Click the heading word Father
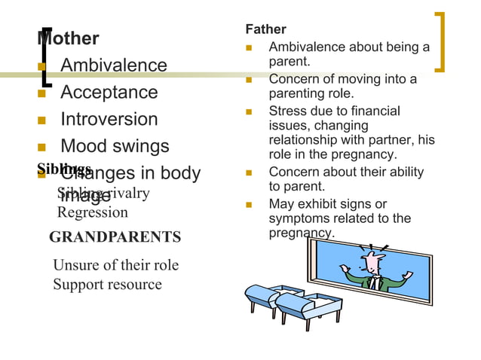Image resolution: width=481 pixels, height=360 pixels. click(266, 29)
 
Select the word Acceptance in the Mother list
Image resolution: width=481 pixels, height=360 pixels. click(109, 93)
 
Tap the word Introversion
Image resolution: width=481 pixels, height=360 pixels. click(109, 120)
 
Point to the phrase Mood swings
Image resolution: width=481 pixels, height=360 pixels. click(115, 146)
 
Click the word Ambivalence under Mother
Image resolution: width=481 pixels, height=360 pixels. click(113, 66)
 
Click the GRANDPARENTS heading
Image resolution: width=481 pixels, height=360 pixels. click(115, 237)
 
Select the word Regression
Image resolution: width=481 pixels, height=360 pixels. click(92, 212)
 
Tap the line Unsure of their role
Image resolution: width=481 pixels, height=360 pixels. click(115, 265)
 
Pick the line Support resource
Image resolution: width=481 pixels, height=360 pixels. click(107, 284)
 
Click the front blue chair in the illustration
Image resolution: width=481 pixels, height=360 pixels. click(301, 309)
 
